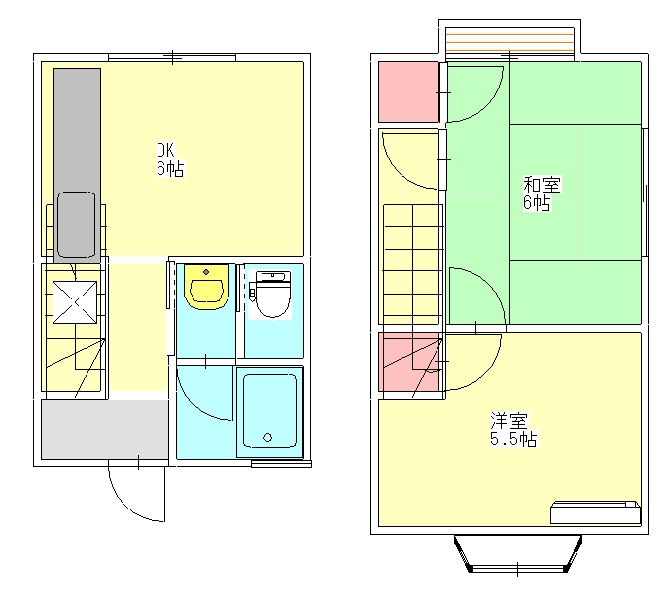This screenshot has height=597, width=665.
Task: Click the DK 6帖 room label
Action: coord(170,159)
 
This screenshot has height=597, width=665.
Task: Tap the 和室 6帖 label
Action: coord(542,193)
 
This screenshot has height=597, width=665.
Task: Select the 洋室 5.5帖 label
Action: coord(513,429)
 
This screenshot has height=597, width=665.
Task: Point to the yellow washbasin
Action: coord(206,287)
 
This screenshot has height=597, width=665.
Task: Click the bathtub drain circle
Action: coord(267,438)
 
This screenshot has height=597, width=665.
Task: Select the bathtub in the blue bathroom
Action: coord(269,411)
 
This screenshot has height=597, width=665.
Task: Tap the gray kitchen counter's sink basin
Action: coord(77,225)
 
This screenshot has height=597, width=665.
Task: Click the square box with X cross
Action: coord(75,302)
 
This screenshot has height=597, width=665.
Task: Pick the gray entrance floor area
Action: coord(105,429)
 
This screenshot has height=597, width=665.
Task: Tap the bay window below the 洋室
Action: coord(518,554)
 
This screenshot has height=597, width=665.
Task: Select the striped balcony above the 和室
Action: coord(509,41)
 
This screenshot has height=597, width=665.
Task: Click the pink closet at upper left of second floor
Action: coord(409,92)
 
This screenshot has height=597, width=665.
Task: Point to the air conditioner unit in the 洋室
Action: coord(595,512)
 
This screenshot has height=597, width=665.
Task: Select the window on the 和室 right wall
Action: coord(645,193)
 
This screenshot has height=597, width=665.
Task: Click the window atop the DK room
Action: coord(172,57)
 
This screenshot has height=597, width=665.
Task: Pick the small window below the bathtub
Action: coord(281,465)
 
